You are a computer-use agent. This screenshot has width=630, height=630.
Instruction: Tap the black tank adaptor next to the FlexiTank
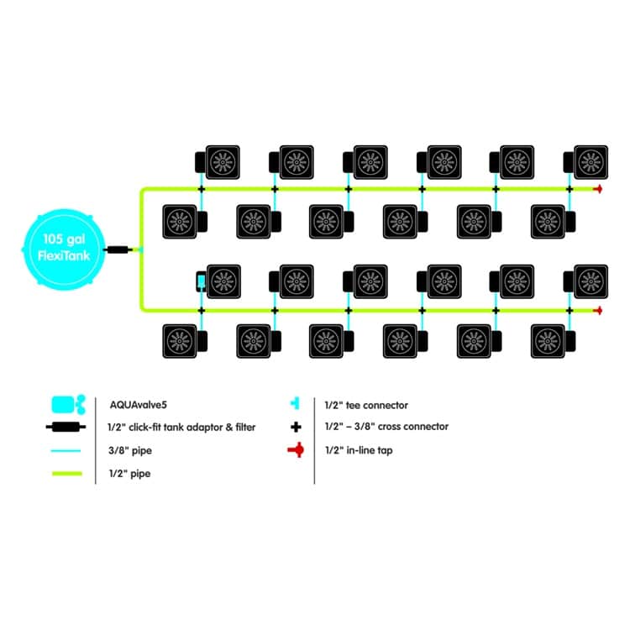118,249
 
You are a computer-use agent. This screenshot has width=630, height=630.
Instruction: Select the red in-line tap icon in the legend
296,451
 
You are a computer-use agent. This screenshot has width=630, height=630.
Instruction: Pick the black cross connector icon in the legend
296,427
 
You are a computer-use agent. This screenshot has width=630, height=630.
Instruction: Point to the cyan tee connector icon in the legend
296,404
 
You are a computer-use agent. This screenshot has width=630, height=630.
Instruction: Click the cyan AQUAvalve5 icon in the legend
68,404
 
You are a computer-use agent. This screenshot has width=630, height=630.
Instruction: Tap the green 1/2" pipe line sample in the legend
67,475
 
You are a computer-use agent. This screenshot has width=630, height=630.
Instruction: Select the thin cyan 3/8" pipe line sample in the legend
67,451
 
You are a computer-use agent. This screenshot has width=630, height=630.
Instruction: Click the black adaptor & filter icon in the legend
67,427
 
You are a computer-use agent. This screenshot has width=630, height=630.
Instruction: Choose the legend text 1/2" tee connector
366,405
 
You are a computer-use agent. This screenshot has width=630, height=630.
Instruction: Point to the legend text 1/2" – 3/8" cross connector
386,427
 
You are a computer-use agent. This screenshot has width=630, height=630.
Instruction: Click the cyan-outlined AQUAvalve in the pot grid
202,281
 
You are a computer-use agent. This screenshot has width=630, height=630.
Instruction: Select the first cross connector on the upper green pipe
202,189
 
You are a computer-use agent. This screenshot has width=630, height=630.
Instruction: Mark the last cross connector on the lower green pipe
570,311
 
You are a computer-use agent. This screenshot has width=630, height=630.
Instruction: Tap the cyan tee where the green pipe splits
141,249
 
